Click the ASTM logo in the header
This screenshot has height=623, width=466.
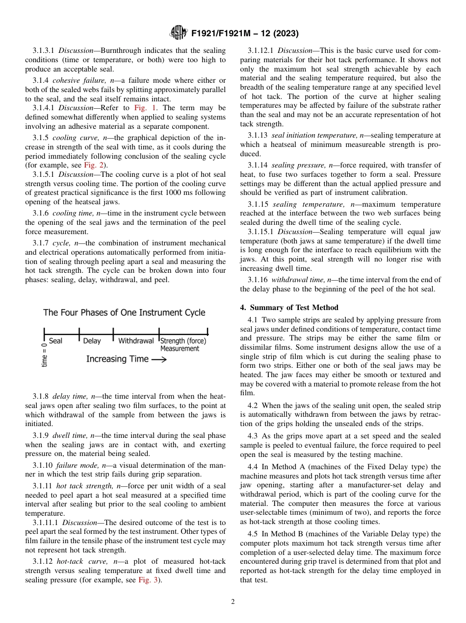coord(178,33)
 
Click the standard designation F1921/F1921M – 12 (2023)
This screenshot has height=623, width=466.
coord(245,34)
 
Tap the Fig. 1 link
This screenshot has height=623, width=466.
coord(145,108)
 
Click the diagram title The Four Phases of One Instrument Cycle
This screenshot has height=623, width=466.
coord(124,312)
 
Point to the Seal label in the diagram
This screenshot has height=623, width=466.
coord(55,341)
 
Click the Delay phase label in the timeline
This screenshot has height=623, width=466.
coord(92,341)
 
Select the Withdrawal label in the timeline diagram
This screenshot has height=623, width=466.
coord(136,341)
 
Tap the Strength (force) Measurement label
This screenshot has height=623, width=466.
coord(183,344)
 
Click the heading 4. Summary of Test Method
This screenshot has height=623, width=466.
coord(289,308)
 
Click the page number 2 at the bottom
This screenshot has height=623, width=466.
coord(233,601)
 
